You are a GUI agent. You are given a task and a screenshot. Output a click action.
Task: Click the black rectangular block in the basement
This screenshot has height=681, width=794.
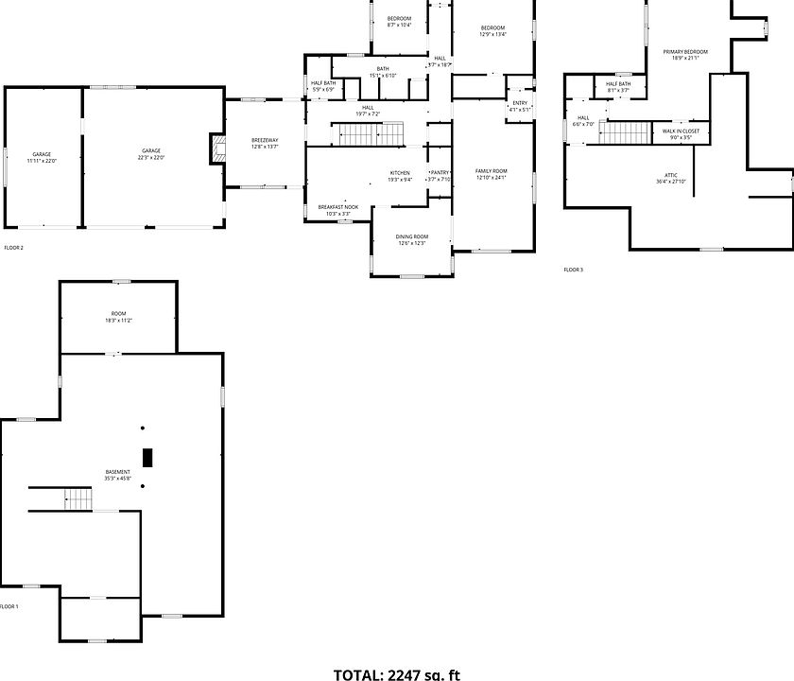[147, 457]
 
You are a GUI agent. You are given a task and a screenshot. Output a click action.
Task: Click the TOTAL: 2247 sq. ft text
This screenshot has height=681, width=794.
[397, 674]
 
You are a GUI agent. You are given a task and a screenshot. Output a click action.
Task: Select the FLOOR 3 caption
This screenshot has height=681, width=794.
[574, 270]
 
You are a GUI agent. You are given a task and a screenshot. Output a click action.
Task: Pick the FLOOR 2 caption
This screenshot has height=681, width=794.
[13, 248]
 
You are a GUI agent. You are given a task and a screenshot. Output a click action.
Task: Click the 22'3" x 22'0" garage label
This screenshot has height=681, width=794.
[151, 154]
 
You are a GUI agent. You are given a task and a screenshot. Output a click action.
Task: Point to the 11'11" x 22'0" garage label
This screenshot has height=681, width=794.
[42, 158]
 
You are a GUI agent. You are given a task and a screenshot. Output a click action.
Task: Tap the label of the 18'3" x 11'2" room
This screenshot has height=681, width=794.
[118, 317]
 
